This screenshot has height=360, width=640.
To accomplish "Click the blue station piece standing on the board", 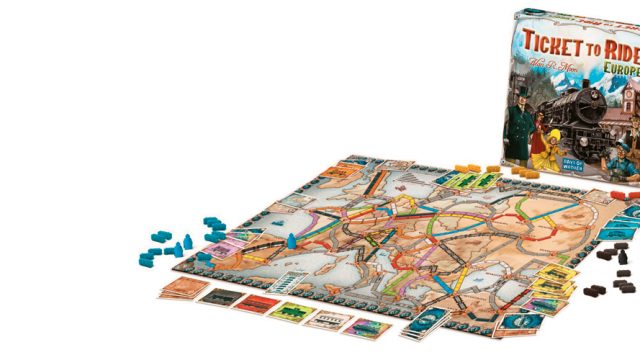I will pos(291,240).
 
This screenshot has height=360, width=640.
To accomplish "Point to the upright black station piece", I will pos(624,256).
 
